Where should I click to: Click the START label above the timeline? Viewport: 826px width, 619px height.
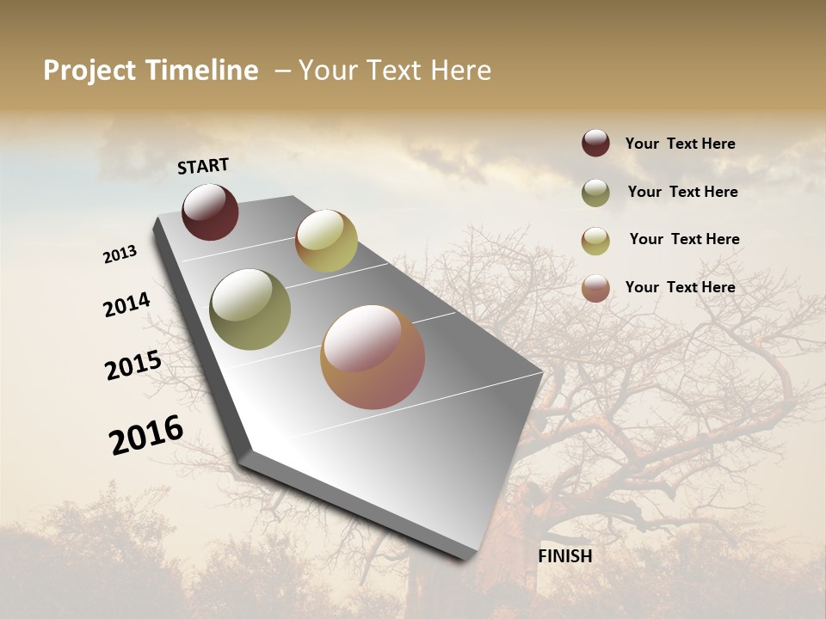[203, 166]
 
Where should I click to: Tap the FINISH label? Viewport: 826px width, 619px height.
[565, 556]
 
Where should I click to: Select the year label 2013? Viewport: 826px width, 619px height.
[120, 254]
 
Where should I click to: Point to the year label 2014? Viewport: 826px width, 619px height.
[127, 305]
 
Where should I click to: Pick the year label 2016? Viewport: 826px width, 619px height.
[146, 435]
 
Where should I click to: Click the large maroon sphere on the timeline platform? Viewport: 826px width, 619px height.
[210, 211]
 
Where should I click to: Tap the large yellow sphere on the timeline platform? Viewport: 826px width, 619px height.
[326, 241]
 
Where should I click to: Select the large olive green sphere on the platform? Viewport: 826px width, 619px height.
[250, 309]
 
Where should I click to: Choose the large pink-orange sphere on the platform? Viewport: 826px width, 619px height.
[373, 357]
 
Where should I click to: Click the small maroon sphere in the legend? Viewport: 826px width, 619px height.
[595, 143]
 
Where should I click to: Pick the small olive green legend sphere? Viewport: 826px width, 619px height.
[595, 193]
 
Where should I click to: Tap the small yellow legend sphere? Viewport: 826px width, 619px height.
[595, 241]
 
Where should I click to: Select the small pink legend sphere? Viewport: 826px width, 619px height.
[595, 288]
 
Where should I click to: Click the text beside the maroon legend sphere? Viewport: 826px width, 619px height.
[680, 144]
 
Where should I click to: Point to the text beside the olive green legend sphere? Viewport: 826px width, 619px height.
[682, 192]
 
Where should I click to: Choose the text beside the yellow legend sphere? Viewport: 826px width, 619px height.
[684, 239]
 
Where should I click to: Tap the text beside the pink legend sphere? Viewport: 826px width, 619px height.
[680, 287]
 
